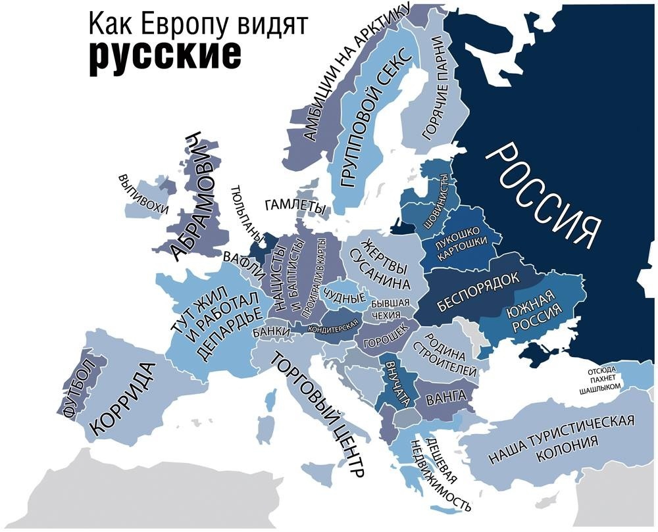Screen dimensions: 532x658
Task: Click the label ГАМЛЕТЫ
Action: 294,206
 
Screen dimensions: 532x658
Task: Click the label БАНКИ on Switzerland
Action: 270,331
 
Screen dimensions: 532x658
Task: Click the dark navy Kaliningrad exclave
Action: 401,228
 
